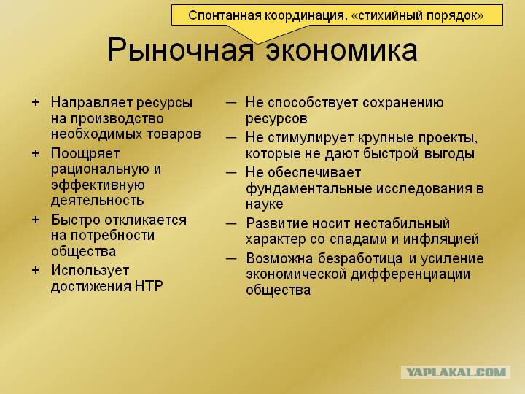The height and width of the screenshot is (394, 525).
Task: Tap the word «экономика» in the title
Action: click(341, 50)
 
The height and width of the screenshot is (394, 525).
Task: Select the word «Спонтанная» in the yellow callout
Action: click(224, 15)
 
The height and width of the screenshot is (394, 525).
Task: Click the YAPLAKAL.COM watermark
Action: click(456, 373)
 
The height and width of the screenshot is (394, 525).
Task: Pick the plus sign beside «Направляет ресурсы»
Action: click(36, 102)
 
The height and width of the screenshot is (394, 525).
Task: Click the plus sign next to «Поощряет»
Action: click(36, 153)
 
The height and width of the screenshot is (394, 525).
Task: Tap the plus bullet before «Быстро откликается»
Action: click(36, 220)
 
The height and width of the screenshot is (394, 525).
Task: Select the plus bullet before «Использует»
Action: click(36, 270)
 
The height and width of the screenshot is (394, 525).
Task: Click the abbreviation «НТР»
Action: click(149, 286)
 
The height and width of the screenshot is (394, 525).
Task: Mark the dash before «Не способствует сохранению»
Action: click(231, 103)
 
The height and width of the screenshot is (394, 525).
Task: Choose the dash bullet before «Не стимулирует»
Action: click(231, 137)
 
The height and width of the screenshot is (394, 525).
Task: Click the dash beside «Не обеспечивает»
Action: click(231, 172)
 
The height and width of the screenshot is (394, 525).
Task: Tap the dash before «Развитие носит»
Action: click(231, 223)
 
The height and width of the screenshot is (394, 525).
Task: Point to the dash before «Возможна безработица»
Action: click(231, 258)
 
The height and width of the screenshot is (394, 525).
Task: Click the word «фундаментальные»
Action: click(308, 189)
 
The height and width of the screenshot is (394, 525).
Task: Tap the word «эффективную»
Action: click(98, 185)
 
